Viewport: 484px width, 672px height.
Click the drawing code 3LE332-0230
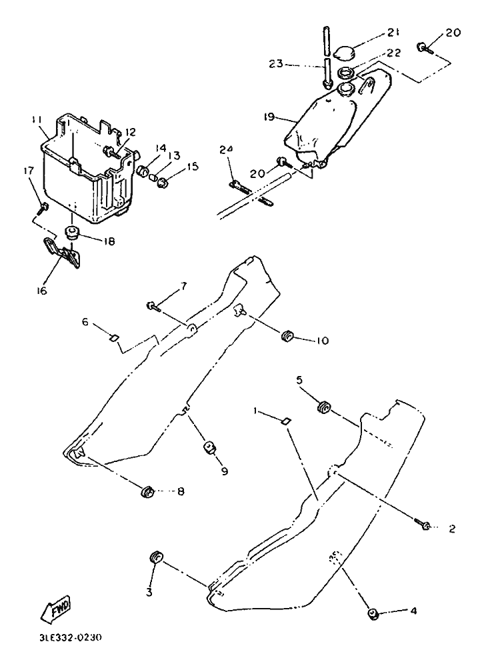click(x=70, y=637)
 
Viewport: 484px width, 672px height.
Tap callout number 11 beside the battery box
click(x=37, y=119)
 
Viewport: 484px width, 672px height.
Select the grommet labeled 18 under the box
click(x=73, y=233)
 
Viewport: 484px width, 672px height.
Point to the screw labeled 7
click(x=153, y=305)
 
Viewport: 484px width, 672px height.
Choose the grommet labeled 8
click(x=147, y=493)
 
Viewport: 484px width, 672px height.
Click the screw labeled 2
click(x=423, y=525)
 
